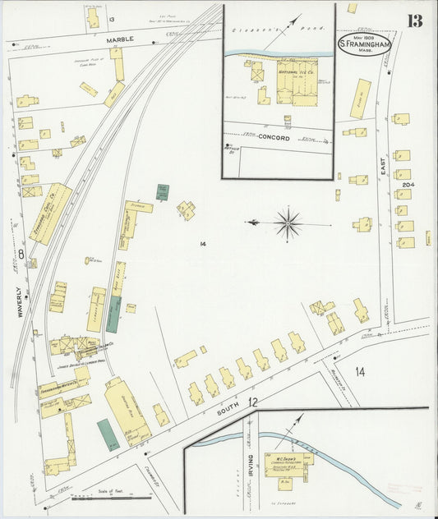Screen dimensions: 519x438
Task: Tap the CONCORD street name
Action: [275, 138]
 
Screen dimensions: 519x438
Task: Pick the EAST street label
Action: [384, 168]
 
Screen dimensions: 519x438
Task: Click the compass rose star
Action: [288, 222]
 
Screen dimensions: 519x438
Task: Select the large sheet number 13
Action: [415, 20]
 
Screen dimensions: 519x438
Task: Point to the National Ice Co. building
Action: [296, 80]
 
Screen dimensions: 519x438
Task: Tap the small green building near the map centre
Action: [163, 192]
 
